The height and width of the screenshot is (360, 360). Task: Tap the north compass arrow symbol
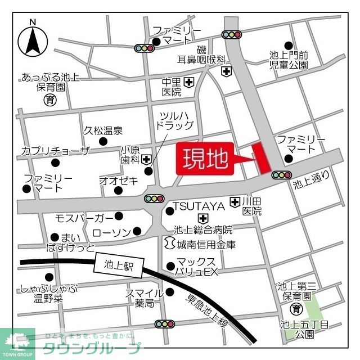33,41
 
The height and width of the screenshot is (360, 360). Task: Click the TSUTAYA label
200,206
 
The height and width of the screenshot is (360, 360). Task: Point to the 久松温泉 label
103,131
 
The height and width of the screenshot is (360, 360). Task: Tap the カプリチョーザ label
55,150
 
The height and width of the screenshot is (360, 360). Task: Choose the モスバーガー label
84,217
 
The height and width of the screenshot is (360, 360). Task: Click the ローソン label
110,231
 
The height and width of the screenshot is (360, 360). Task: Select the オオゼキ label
118,181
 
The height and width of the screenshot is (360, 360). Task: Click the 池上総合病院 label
204,230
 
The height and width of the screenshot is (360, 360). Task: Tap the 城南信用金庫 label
206,245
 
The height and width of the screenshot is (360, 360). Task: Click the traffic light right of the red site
280,175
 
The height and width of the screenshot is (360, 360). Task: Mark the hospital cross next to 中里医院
189,83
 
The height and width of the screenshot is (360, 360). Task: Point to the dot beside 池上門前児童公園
289,46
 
